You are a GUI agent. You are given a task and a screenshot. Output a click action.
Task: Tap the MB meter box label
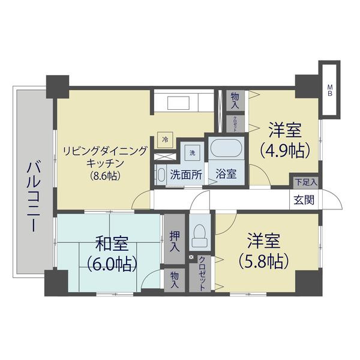tap(329, 89)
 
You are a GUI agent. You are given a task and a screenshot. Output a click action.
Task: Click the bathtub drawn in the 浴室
tap(226, 149)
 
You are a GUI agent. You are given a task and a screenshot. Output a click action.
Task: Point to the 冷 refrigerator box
tap(165, 139)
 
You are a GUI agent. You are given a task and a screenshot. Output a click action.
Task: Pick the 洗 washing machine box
tap(193, 153)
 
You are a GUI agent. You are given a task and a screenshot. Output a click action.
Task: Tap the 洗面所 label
tap(185, 176)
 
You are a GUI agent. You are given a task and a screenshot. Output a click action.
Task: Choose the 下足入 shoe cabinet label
tap(305, 181)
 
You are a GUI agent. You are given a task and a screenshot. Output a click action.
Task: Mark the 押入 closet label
tap(174, 239)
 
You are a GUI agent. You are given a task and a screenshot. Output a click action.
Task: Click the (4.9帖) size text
tap(284, 149)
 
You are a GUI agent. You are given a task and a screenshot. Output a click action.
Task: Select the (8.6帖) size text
tap(104, 176)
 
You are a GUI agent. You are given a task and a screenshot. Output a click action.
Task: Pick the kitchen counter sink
tap(180, 103)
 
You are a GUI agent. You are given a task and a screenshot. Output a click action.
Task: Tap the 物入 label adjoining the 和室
tap(174, 280)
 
